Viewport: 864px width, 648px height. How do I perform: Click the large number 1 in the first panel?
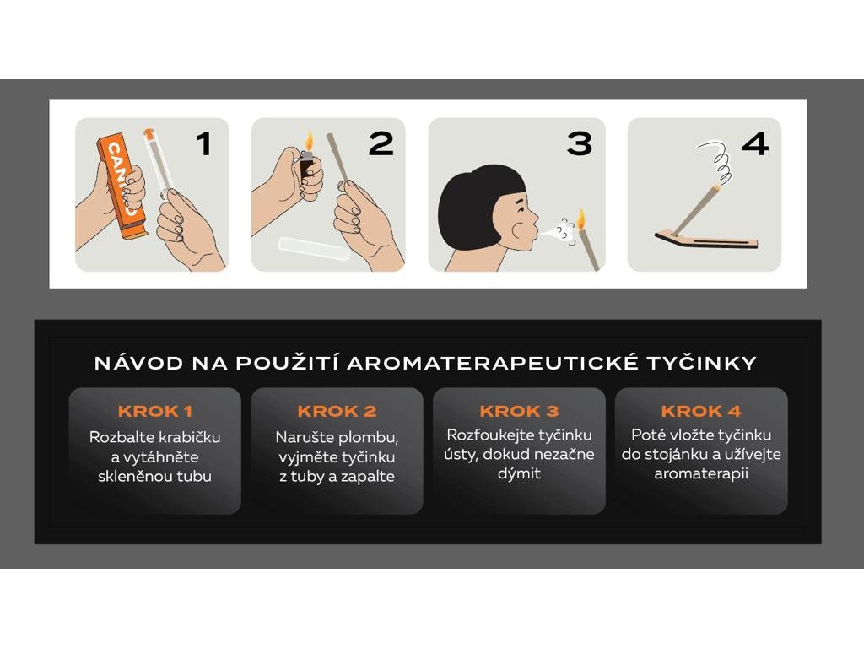(x=204, y=143)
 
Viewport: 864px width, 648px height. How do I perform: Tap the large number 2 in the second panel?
(x=381, y=143)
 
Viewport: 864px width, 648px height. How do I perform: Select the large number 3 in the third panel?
(x=580, y=143)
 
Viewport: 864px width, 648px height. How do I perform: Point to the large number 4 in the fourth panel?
(x=755, y=143)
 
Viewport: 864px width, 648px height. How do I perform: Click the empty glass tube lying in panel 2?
(x=314, y=249)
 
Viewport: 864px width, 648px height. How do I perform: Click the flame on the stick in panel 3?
(x=581, y=219)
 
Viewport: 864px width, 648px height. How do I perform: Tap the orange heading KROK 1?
(x=155, y=411)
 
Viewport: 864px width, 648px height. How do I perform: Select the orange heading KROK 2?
(x=337, y=411)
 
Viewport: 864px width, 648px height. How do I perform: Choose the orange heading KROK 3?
(x=519, y=411)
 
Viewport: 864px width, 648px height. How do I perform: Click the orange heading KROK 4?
(x=701, y=411)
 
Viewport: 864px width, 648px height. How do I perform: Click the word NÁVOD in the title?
(x=139, y=363)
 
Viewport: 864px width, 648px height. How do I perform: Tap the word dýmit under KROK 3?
(x=519, y=474)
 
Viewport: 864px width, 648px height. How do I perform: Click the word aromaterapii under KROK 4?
(x=701, y=474)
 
